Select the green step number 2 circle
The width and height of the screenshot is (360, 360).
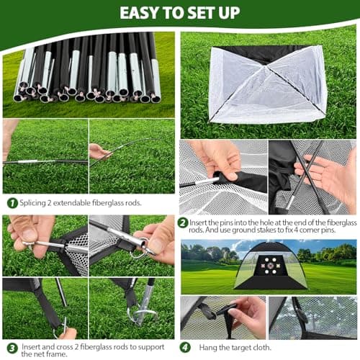coord(183,223)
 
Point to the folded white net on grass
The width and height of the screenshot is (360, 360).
coord(266,83)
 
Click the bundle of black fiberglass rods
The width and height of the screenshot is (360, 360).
coord(86,68)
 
